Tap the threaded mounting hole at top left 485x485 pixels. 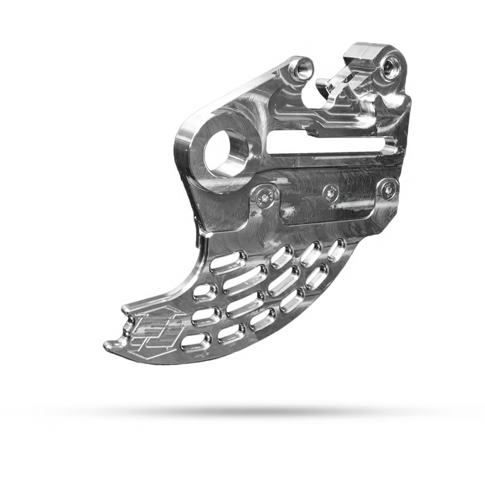click(x=301, y=68)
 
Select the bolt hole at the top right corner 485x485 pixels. click(x=392, y=67)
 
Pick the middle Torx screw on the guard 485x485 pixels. click(x=330, y=192)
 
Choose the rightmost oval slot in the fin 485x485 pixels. click(x=337, y=250)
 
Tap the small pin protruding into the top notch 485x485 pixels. click(x=324, y=85)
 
